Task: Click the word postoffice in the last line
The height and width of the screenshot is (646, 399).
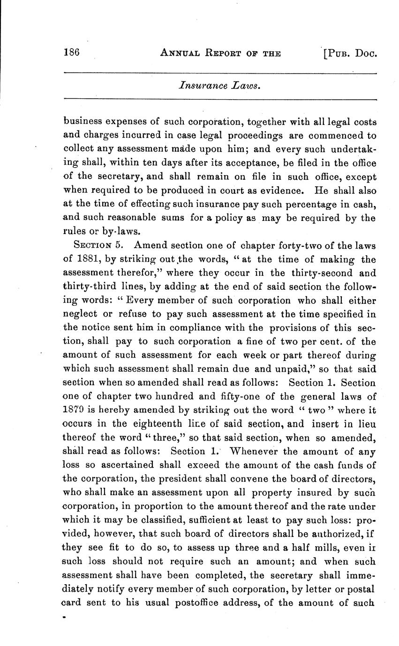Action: tap(196, 602)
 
